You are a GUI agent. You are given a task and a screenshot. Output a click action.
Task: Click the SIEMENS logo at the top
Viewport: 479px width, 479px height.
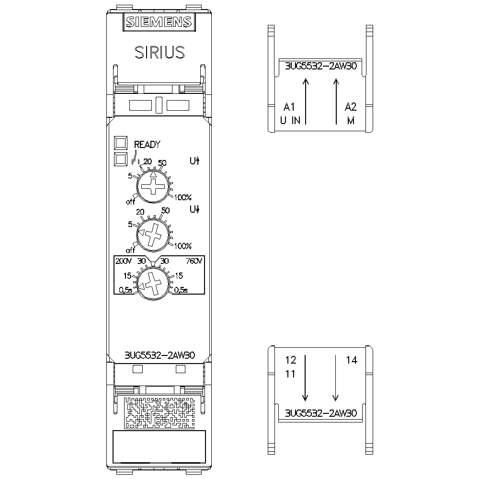click(x=159, y=22)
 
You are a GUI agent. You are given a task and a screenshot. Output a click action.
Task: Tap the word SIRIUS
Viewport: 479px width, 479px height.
click(x=159, y=52)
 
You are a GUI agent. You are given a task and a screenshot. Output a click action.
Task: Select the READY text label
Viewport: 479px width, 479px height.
click(x=147, y=144)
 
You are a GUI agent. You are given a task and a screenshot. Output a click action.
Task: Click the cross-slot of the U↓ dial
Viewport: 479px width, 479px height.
click(x=154, y=234)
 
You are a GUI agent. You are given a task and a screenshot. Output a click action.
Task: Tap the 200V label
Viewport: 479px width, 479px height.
click(x=124, y=261)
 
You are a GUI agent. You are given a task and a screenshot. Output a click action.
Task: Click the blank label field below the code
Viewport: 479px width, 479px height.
click(x=159, y=446)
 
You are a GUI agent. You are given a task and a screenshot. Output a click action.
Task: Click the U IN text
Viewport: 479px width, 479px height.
click(x=290, y=121)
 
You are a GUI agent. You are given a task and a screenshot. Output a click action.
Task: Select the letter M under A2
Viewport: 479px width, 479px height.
click(x=351, y=121)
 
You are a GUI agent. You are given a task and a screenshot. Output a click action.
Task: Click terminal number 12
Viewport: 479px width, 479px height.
click(x=290, y=360)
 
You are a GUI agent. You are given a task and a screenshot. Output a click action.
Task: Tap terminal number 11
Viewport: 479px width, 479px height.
click(x=290, y=374)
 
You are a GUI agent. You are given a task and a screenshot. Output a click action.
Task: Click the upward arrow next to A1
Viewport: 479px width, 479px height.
click(x=306, y=101)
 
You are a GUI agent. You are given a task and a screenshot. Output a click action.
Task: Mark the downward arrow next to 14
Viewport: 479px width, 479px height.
click(x=336, y=378)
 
